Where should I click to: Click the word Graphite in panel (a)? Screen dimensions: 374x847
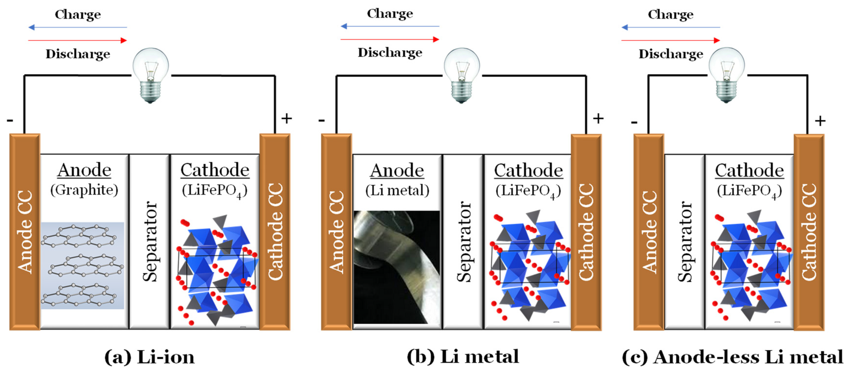pyautogui.click(x=84, y=190)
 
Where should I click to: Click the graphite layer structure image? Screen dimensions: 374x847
pyautogui.click(x=82, y=265)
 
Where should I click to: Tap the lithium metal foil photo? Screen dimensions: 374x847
pyautogui.click(x=397, y=267)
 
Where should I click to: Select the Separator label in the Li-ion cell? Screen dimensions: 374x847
pyautogui.click(x=149, y=241)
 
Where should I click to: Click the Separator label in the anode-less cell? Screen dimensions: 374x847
pyautogui.click(x=685, y=241)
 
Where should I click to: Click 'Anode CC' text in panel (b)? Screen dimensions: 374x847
pyautogui.click(x=336, y=232)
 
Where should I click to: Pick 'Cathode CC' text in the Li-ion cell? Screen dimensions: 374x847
pyautogui.click(x=275, y=232)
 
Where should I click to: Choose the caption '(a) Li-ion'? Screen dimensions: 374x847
pyautogui.click(x=149, y=357)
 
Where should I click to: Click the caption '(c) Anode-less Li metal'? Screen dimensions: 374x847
pyautogui.click(x=733, y=357)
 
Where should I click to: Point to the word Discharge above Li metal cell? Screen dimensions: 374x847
pyautogui.click(x=390, y=53)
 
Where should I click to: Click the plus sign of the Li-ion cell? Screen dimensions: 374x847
pyautogui.click(x=286, y=119)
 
